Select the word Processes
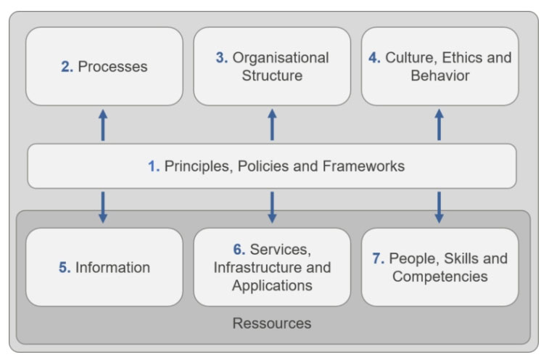[112, 67]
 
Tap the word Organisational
[281, 58]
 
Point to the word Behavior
[440, 75]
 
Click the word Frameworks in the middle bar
[363, 166]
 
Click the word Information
[112, 267]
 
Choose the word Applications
[272, 286]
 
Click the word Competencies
[439, 277]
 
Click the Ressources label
[272, 323]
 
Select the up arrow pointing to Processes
[103, 125]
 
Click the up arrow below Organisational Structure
[272, 125]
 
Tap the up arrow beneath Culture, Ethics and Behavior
[439, 125]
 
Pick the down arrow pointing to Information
[103, 208]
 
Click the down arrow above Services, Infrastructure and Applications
[272, 208]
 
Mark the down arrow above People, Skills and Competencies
[439, 208]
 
